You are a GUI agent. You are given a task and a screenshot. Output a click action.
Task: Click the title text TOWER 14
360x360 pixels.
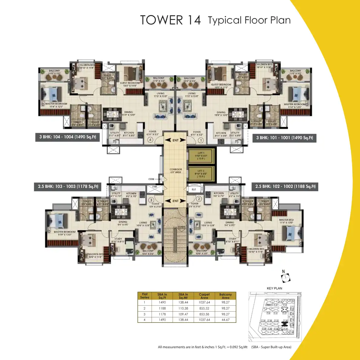(x=170, y=20)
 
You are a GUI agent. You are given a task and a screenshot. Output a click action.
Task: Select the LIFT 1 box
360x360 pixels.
(x=201, y=156)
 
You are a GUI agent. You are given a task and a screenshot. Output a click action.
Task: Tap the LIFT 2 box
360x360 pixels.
(x=201, y=174)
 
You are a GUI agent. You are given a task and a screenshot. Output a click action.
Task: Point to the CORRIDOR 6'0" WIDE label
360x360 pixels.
(x=176, y=171)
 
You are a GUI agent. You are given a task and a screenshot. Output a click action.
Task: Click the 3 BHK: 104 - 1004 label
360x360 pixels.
(x=67, y=137)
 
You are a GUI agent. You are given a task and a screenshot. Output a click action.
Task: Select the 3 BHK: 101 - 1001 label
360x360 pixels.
(x=284, y=138)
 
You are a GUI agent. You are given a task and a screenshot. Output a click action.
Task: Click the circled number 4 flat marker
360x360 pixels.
(x=150, y=140)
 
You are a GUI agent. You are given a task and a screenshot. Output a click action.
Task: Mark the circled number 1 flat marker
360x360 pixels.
(x=201, y=140)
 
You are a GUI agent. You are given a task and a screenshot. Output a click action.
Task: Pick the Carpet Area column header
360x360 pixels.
(x=204, y=296)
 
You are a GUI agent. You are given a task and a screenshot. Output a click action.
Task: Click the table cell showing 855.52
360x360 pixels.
(x=204, y=308)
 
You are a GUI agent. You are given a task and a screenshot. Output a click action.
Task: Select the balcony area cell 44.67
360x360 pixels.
(x=225, y=320)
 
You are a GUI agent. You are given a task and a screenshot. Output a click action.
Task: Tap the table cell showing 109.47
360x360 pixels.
(x=183, y=314)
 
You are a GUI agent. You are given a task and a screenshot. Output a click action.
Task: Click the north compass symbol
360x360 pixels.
(x=285, y=276)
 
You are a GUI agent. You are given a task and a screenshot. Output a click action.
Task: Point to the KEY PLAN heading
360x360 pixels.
(x=274, y=288)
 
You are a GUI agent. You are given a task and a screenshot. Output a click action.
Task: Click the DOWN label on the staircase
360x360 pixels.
(x=182, y=227)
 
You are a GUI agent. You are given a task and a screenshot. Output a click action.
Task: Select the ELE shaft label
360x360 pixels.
(x=194, y=189)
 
